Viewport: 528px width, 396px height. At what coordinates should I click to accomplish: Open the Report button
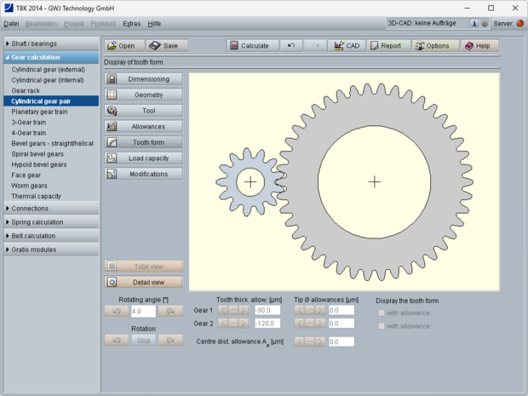point(385,46)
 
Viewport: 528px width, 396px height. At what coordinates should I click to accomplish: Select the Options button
point(432,46)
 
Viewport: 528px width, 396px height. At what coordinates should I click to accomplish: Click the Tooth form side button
point(143,142)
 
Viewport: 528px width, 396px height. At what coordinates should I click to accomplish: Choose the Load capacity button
point(143,158)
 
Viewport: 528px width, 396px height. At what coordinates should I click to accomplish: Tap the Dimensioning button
point(143,79)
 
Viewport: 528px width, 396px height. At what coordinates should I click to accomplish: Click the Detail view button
point(143,282)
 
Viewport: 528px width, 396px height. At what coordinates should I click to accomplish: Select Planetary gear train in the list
point(39,112)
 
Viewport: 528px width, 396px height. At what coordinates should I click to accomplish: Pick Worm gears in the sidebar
point(29,186)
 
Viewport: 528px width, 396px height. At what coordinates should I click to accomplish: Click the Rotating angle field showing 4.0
point(142,312)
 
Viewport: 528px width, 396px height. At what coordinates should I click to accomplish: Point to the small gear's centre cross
point(250,181)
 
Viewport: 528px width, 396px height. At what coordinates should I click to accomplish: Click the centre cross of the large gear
point(375,181)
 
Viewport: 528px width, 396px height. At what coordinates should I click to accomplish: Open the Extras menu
point(131,24)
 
